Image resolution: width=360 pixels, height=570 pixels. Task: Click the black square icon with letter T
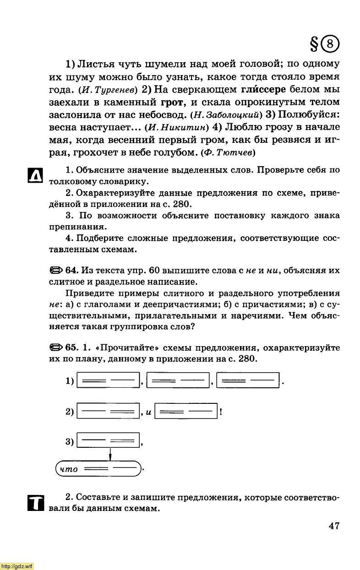pos(35,503)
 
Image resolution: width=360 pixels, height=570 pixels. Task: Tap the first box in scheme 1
pos(108,380)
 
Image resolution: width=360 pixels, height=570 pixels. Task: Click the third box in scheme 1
pos(248,380)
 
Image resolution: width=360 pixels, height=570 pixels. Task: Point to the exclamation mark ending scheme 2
pos(221,411)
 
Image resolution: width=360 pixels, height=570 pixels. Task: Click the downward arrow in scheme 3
pos(111,454)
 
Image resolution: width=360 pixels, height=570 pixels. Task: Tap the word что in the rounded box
pos(69,469)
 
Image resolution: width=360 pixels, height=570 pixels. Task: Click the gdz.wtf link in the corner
pos(17,566)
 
